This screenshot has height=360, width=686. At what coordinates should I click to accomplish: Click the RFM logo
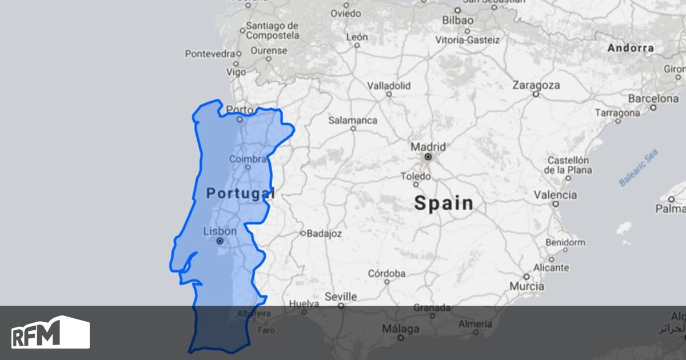coord(50,333)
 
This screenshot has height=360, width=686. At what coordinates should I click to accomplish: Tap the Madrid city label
coord(428,147)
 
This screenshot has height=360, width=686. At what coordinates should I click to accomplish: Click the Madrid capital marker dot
coord(428,157)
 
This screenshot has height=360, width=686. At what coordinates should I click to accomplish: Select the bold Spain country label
coord(444,203)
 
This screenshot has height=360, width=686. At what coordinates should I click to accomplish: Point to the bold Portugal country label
coord(240,193)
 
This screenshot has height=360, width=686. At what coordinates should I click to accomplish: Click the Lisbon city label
coord(220,231)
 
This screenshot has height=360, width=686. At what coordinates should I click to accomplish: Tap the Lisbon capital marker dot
coord(220,241)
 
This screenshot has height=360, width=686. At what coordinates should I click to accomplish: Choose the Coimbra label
coord(248,159)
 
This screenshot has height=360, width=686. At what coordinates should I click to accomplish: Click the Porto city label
coord(240,110)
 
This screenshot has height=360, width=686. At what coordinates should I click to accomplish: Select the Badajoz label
coord(324,233)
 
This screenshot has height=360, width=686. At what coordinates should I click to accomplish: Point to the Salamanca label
coord(353,121)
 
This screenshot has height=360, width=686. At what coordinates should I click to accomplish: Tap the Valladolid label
coord(389,86)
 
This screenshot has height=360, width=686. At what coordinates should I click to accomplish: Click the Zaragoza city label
coord(536,85)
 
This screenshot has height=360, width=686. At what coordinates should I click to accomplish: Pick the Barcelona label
coord(653,98)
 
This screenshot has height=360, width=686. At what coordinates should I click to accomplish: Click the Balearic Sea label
coord(639,167)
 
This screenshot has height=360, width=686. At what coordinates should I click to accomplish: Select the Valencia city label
coord(555,195)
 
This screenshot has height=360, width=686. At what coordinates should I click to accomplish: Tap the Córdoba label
coord(386,273)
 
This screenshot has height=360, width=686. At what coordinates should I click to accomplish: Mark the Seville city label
coord(341,297)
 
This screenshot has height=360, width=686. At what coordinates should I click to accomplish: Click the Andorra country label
coord(631,48)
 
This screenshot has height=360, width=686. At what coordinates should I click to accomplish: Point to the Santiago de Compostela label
coord(272,30)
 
